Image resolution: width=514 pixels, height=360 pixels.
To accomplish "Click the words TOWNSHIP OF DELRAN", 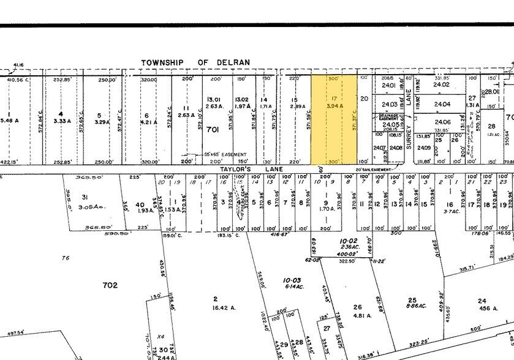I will pyautogui.click(x=195, y=62).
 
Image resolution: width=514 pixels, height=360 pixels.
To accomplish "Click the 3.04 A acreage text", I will pyautogui.click(x=334, y=107).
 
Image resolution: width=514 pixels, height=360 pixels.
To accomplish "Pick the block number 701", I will pyautogui.click(x=213, y=129).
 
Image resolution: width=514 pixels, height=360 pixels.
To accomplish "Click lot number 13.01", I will pyautogui.click(x=213, y=99).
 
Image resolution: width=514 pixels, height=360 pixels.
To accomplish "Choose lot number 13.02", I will pyautogui.click(x=241, y=99).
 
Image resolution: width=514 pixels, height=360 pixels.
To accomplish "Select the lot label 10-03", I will pyautogui.click(x=290, y=280).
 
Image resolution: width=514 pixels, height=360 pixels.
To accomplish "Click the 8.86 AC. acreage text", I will pyautogui.click(x=412, y=309).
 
